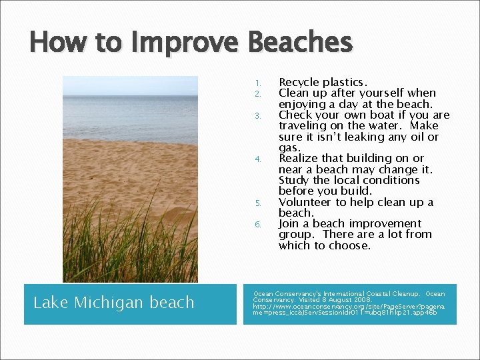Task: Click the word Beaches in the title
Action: click(x=299, y=42)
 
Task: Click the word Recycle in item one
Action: click(x=299, y=82)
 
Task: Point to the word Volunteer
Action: click(x=305, y=202)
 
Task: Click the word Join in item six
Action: click(x=290, y=223)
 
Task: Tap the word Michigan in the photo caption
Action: click(x=109, y=303)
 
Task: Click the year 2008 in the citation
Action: click(x=354, y=299)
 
